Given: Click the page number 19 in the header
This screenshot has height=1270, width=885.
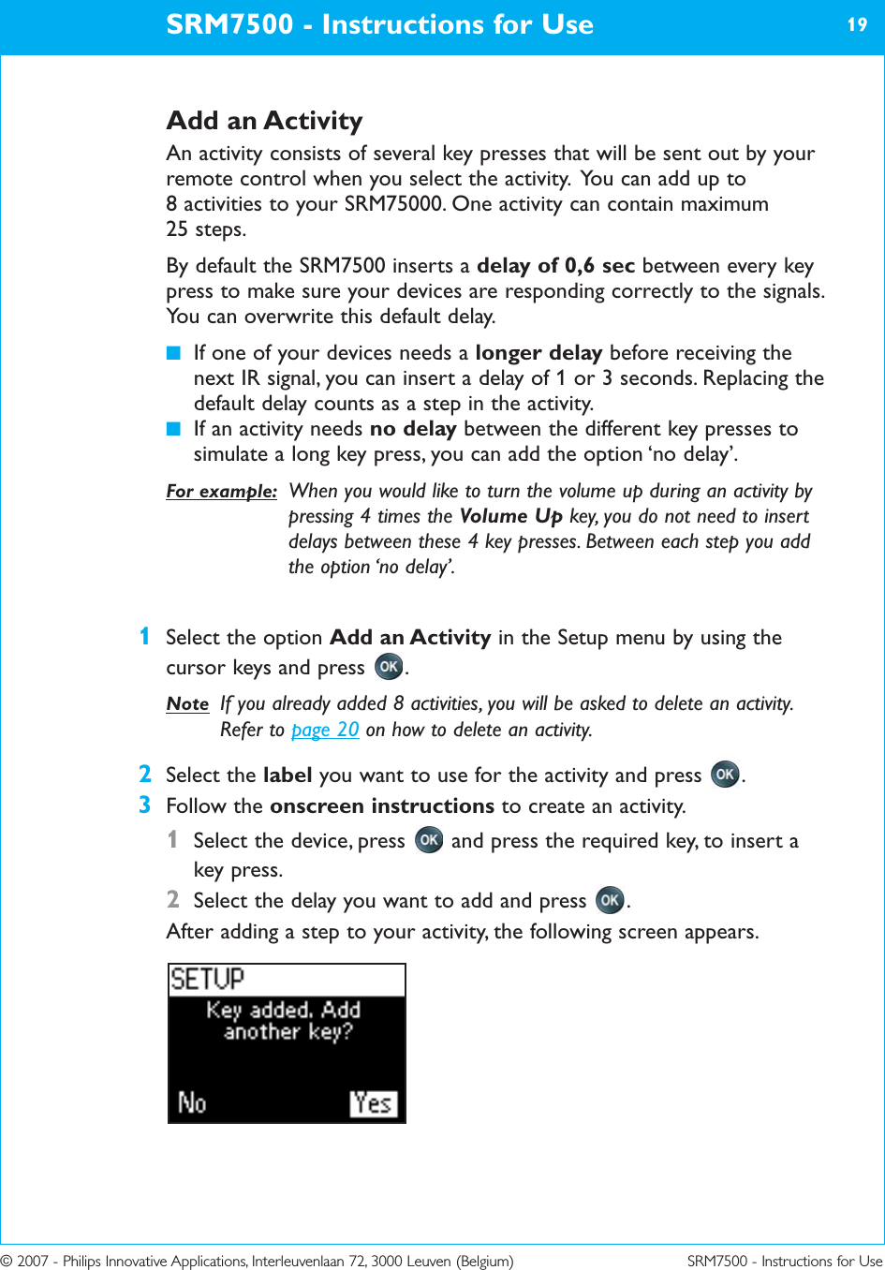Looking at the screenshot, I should [x=857, y=25].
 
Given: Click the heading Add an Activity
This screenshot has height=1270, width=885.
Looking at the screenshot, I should [x=264, y=121].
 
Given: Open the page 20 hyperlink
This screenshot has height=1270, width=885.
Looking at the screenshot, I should [x=325, y=730].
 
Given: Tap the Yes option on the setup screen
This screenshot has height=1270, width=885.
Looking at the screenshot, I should [x=373, y=1103].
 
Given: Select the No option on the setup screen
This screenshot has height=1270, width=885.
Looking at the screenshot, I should [x=192, y=1103].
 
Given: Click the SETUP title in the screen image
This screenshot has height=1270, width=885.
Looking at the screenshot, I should [x=207, y=980].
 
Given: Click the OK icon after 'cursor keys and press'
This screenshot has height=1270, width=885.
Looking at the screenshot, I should [x=389, y=667].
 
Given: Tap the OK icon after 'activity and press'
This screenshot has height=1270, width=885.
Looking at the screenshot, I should [x=725, y=775].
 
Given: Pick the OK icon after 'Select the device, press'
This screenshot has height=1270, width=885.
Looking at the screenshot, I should [x=429, y=840].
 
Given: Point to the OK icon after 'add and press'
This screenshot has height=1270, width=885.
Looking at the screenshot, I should [x=610, y=900].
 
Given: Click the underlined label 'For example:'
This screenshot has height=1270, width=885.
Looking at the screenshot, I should [x=221, y=491].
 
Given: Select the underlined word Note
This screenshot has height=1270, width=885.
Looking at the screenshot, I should [x=187, y=703].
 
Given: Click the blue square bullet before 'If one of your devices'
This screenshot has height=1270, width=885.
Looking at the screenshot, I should [x=172, y=353].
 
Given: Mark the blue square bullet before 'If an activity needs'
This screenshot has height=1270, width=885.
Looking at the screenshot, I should [x=172, y=429].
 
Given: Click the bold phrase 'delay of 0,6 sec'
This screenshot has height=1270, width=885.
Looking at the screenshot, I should [x=555, y=266].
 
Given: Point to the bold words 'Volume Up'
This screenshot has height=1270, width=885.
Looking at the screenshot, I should [x=510, y=516].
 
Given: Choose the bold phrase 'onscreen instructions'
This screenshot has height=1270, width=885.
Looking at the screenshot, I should [x=381, y=805].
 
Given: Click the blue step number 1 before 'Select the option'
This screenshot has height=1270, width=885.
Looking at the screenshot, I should [x=144, y=637].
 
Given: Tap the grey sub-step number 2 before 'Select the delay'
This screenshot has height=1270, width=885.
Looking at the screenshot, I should [x=172, y=899].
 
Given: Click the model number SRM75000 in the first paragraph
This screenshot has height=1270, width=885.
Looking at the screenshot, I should [x=392, y=204].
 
